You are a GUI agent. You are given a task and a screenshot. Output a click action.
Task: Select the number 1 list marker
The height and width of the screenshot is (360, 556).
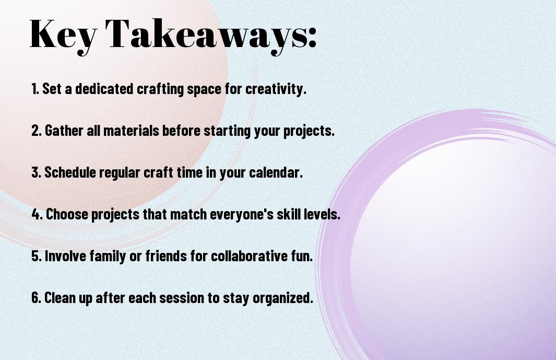(35, 89)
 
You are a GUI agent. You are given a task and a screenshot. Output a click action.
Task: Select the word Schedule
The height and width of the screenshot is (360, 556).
(70, 172)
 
